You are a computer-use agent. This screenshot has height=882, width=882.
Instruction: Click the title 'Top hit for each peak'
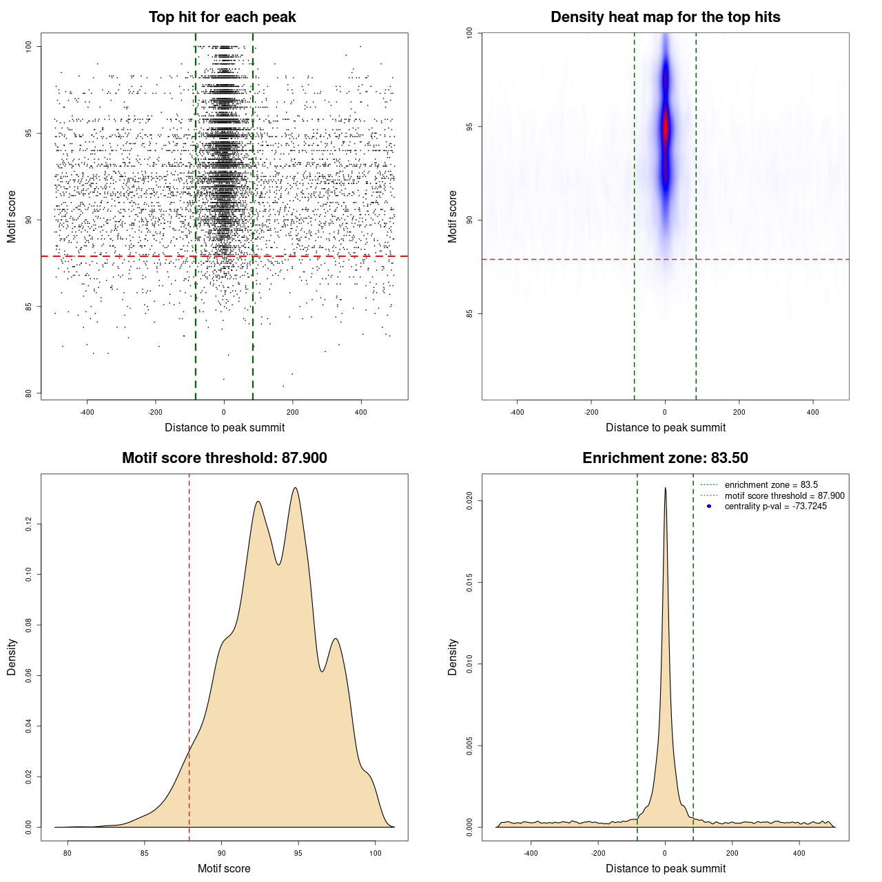pyautogui.click(x=222, y=17)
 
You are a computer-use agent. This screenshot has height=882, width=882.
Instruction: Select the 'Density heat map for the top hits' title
pyautogui.click(x=665, y=17)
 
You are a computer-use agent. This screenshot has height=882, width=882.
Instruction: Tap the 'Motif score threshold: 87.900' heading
pyautogui.click(x=224, y=458)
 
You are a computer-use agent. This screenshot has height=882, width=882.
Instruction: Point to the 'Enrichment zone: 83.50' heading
pyautogui.click(x=665, y=458)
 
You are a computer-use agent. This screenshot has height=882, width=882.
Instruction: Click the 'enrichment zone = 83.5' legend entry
pyautogui.click(x=770, y=485)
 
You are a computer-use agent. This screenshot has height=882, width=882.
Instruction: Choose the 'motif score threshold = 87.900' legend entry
pyautogui.click(x=784, y=495)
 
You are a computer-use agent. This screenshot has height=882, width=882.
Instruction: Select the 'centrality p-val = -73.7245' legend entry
pyautogui.click(x=775, y=506)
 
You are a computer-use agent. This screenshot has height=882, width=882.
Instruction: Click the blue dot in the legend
pyautogui.click(x=709, y=506)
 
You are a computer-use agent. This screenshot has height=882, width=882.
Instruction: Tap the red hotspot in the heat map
pyautogui.click(x=666, y=128)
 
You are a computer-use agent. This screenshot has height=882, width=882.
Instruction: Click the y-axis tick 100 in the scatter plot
pyautogui.click(x=29, y=46)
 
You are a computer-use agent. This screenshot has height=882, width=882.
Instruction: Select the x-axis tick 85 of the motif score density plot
pyautogui.click(x=145, y=853)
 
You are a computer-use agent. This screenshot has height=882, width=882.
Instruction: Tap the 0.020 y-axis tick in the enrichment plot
pyautogui.click(x=470, y=501)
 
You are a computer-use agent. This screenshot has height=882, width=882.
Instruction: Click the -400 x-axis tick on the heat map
pyautogui.click(x=517, y=412)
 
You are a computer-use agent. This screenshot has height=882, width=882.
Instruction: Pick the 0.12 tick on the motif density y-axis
pyautogui.click(x=29, y=524)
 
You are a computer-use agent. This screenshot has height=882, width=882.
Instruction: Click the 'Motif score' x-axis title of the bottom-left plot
pyautogui.click(x=224, y=868)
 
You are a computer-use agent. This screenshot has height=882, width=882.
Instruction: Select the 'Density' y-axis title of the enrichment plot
pyautogui.click(x=453, y=657)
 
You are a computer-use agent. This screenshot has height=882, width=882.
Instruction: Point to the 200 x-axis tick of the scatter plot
pyautogui.click(x=293, y=412)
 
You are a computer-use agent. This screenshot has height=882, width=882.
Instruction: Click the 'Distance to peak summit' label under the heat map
pyautogui.click(x=665, y=427)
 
